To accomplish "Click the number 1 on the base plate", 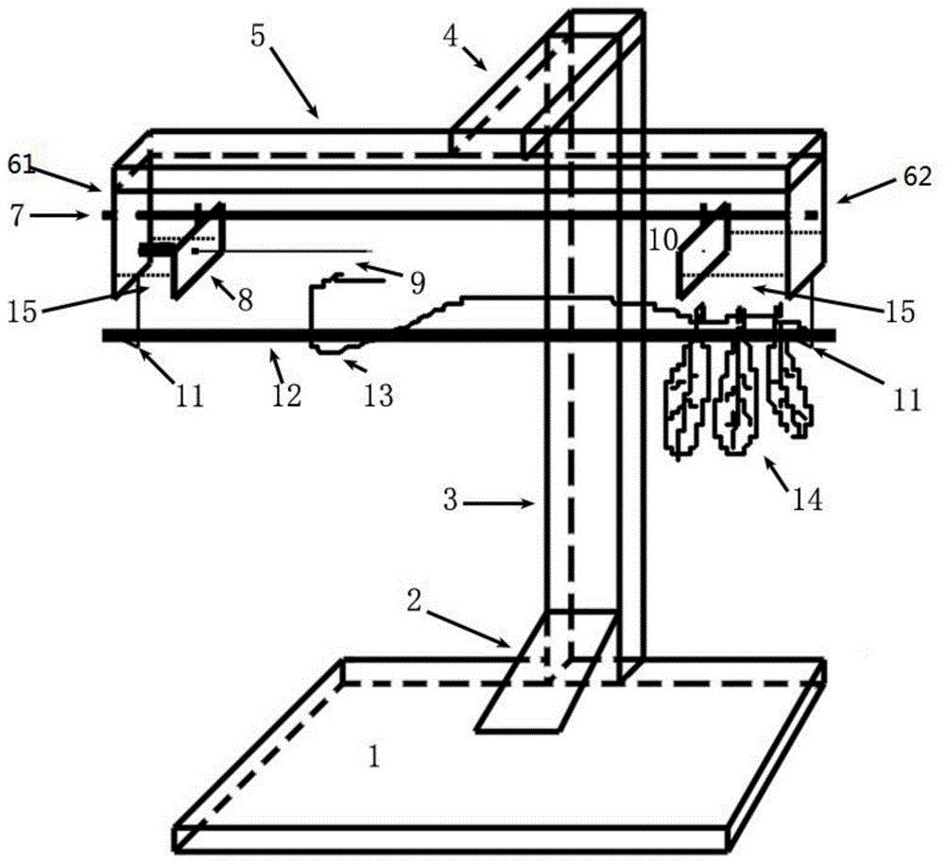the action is [374, 757].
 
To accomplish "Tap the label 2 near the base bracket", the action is [413, 601].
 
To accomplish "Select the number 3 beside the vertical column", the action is [451, 500].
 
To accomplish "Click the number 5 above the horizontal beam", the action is [257, 37].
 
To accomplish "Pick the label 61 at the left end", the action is [21, 163].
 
